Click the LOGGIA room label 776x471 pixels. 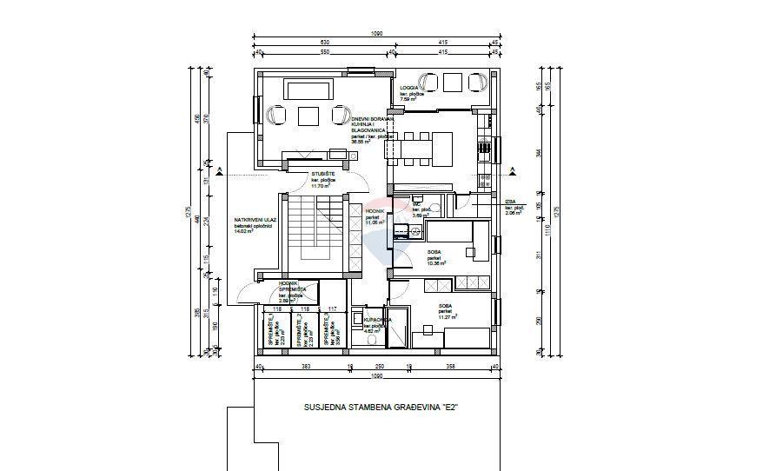coord(410,89)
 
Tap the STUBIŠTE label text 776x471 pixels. coord(324,174)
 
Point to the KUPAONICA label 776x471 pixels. coord(376,320)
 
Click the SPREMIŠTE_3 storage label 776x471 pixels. coord(328,333)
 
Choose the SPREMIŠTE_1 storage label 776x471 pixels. coord(272,333)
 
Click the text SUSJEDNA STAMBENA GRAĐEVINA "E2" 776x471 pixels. coord(381,406)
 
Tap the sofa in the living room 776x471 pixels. coord(307,90)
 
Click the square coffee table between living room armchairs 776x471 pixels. coord(308,115)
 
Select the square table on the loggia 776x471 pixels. coord(452,83)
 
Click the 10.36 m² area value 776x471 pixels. coord(436,263)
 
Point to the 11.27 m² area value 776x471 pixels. coord(448,317)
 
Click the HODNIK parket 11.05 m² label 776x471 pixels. coord(376,217)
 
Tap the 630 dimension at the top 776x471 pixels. coord(300,42)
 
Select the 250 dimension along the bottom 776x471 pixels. coord(379,368)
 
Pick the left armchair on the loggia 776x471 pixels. coord(428,82)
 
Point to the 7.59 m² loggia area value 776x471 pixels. coord(408,99)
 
